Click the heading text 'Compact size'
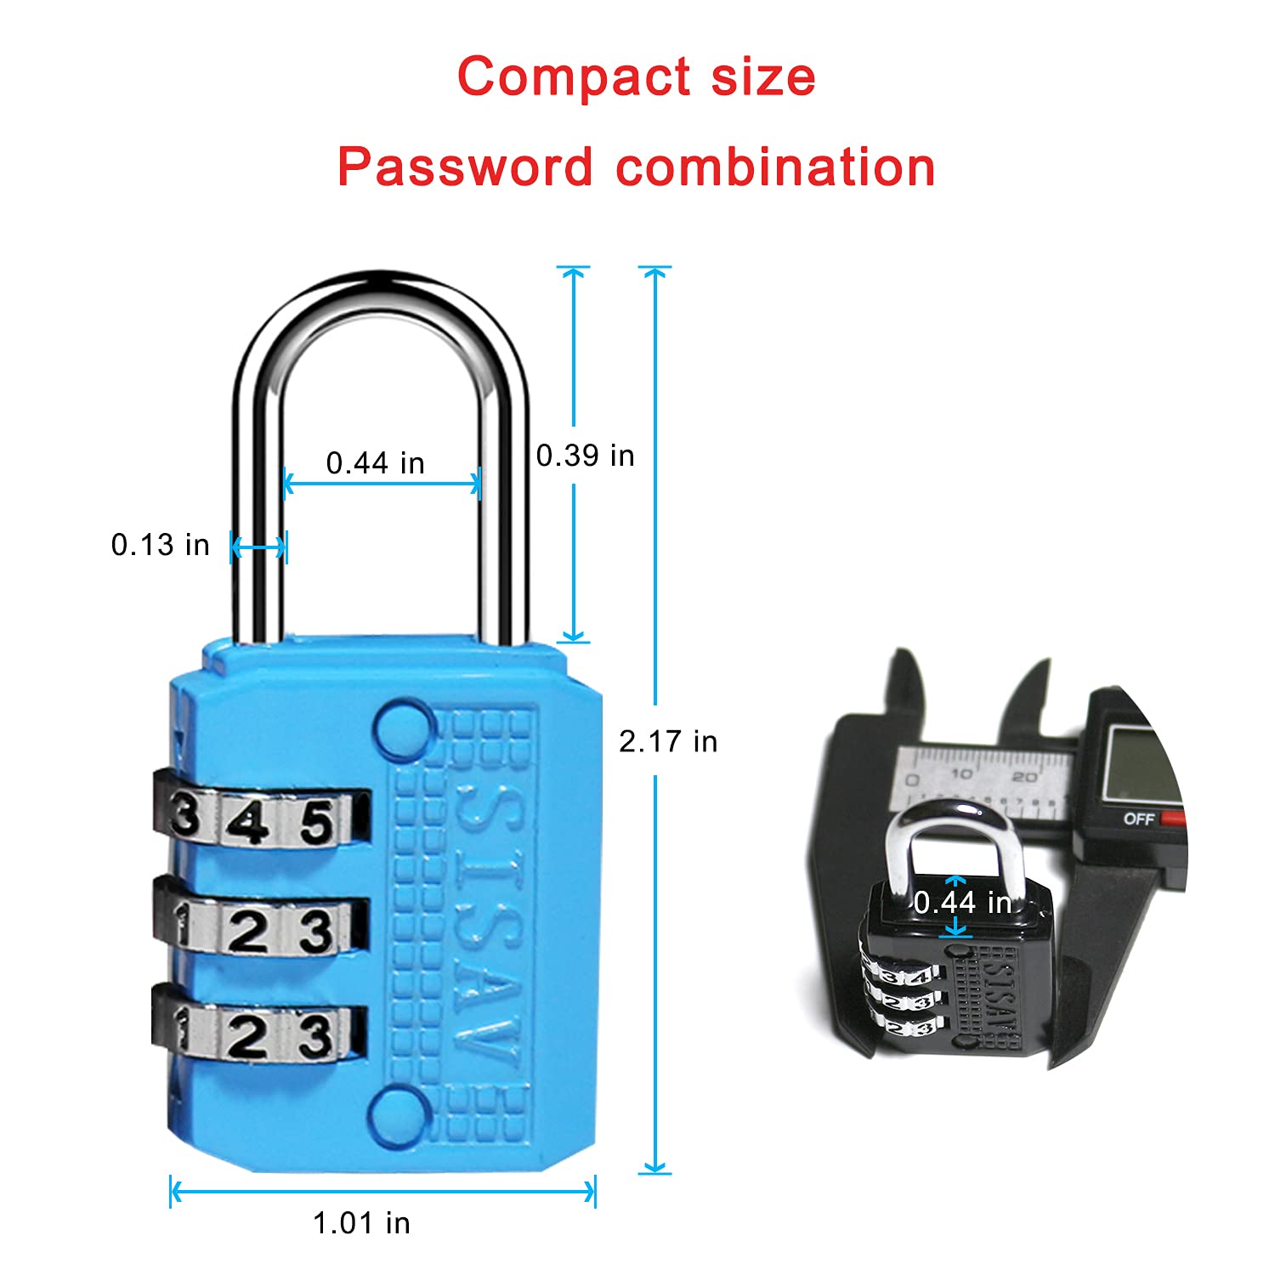coord(637,76)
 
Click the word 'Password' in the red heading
coord(465,167)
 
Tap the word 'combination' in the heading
coord(775,167)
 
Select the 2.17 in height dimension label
coord(668,742)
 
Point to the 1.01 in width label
coord(362,1223)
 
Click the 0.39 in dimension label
coord(586,456)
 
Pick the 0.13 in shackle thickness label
coord(161,545)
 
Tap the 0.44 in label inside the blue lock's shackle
coord(376,463)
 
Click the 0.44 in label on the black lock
coord(963,903)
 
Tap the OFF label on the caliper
coord(1138,819)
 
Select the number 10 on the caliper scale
coord(961,774)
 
